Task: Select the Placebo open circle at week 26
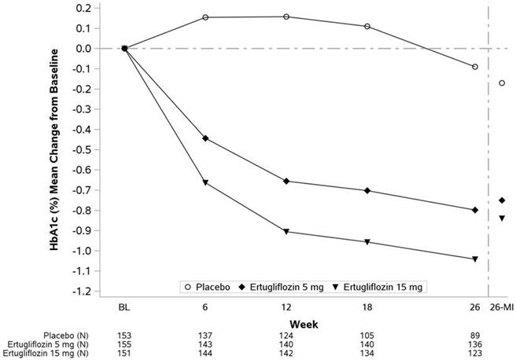pyautogui.click(x=475, y=67)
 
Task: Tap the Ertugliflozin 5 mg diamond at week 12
pyautogui.click(x=286, y=182)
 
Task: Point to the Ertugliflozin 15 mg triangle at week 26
pyautogui.click(x=475, y=259)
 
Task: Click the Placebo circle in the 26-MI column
pyautogui.click(x=502, y=83)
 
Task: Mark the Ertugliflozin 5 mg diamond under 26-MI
pyautogui.click(x=502, y=200)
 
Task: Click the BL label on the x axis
pyautogui.click(x=124, y=307)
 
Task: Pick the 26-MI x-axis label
pyautogui.click(x=501, y=307)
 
